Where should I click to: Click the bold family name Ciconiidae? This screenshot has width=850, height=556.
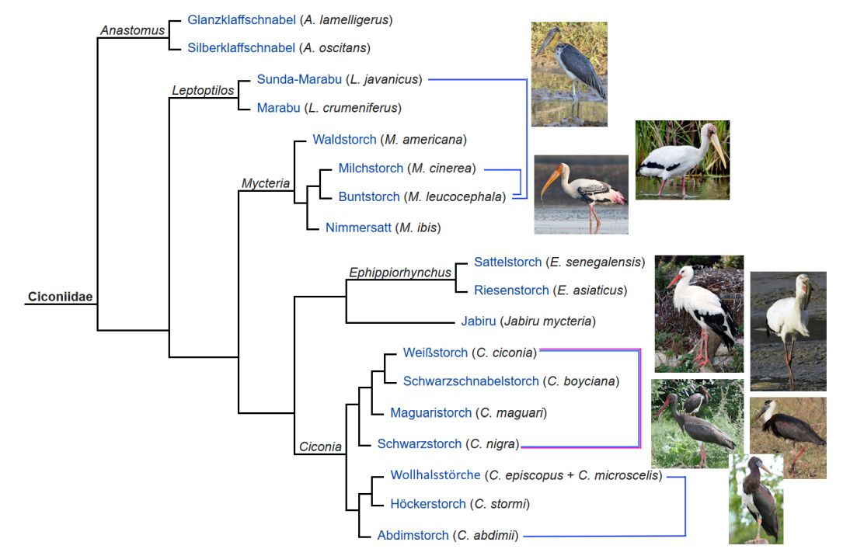pyautogui.click(x=60, y=297)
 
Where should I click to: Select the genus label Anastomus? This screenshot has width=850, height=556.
pyautogui.click(x=132, y=31)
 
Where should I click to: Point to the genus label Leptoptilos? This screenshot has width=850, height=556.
pyautogui.click(x=203, y=91)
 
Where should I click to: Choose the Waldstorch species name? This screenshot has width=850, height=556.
pyautogui.click(x=344, y=140)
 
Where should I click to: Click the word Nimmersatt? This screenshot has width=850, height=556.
pyautogui.click(x=357, y=227)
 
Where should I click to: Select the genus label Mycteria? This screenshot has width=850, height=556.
pyautogui.click(x=266, y=183)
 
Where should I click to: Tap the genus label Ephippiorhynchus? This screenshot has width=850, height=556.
pyautogui.click(x=400, y=273)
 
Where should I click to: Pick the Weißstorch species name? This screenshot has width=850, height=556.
pyautogui.click(x=435, y=353)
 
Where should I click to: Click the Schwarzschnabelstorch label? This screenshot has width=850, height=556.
pyautogui.click(x=471, y=381)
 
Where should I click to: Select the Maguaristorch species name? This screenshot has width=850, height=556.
pyautogui.click(x=430, y=412)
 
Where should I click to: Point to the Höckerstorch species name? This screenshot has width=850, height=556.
pyautogui.click(x=428, y=504)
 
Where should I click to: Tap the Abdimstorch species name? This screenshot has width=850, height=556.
pyautogui.click(x=413, y=535)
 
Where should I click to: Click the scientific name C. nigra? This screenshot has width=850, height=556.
pyautogui.click(x=492, y=444)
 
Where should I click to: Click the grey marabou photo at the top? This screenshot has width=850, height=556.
pyautogui.click(x=569, y=74)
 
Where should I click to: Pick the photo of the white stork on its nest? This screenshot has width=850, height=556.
pyautogui.click(x=699, y=314)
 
